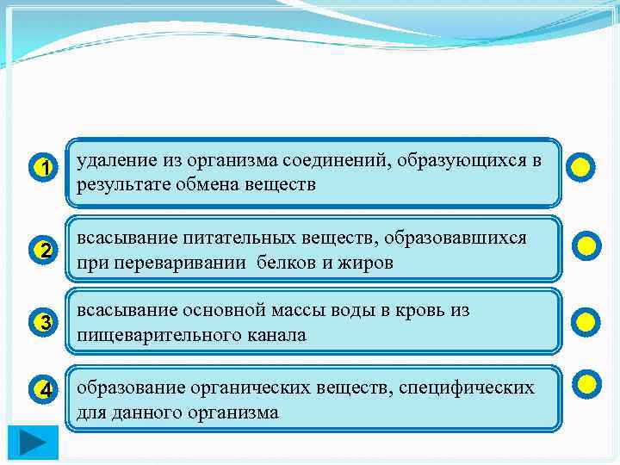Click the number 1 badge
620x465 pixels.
45,167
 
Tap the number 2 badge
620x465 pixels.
45,251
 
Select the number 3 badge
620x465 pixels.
45,323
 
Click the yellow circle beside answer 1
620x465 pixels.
581,167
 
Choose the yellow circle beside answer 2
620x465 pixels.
586,247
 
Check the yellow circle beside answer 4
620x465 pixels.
586,383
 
